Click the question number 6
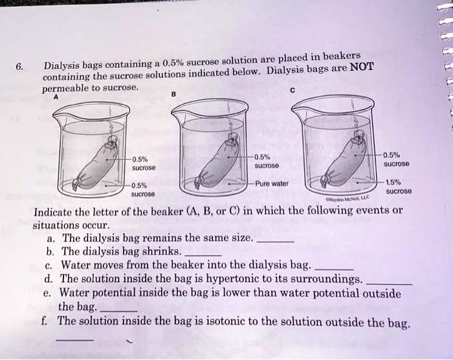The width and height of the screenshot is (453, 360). pyautogui.click(x=19, y=66)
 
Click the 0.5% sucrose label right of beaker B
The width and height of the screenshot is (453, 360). pyautogui.click(x=265, y=161)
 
